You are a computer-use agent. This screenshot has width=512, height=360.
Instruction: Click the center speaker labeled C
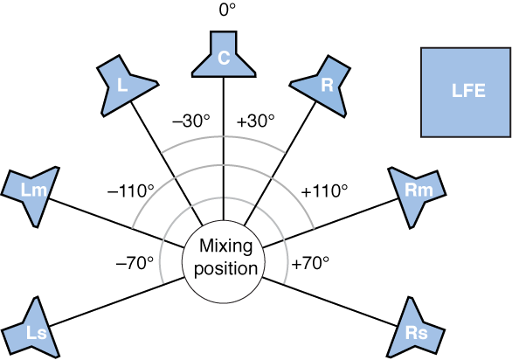224,55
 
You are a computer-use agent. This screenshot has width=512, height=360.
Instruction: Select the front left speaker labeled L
124,85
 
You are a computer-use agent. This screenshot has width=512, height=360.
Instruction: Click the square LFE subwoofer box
466,92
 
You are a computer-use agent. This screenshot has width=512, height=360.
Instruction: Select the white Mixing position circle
223,258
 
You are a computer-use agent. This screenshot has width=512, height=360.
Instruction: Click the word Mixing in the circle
224,247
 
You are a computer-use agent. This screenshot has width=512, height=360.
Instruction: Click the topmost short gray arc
224,138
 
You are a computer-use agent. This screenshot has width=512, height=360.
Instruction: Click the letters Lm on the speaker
33,190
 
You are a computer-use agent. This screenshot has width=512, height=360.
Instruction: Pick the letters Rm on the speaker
415,190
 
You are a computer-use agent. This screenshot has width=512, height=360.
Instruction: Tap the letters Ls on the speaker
36,333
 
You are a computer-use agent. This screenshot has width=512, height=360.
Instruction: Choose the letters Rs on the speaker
416,333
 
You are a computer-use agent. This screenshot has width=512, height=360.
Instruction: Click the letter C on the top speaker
224,59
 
